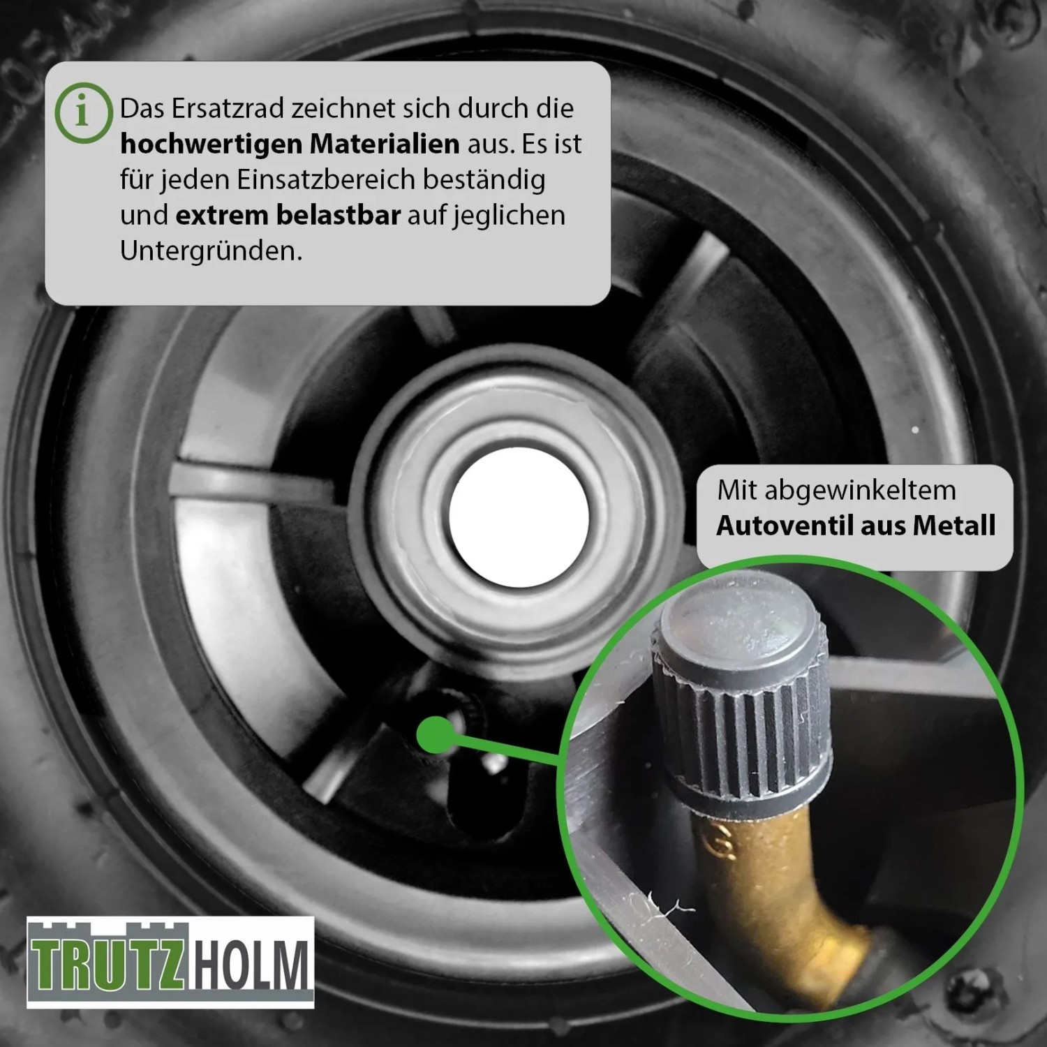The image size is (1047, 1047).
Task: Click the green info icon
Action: (x=83, y=113)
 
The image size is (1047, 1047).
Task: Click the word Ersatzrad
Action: (x=227, y=108)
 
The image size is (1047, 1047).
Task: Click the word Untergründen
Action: (x=211, y=251)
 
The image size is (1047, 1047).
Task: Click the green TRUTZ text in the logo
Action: (x=107, y=965)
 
